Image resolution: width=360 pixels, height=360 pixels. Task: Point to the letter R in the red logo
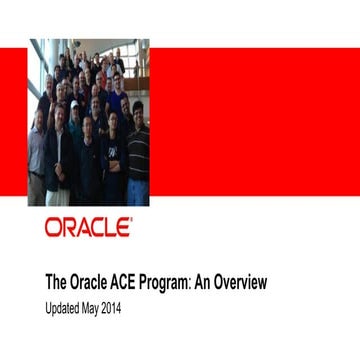coord(69,227)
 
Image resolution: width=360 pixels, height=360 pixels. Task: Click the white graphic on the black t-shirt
coord(114,150)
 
